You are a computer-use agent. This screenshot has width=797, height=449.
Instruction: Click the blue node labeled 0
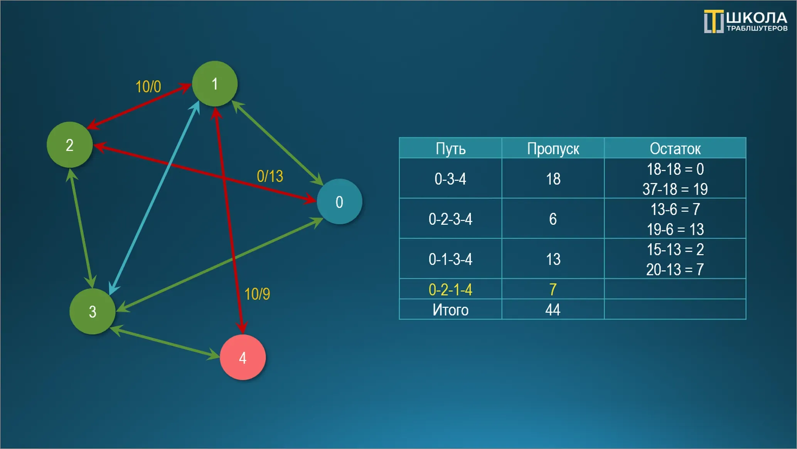point(339,201)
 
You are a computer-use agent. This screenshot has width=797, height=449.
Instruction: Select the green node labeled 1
point(215,84)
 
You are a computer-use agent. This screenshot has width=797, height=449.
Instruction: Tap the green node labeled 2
point(70,145)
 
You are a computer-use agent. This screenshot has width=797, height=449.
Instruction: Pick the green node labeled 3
point(93,311)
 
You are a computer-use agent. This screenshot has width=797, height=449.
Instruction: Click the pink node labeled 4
point(243,357)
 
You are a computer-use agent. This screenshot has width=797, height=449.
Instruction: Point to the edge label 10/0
point(148,87)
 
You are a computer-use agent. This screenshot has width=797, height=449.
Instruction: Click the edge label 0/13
point(270,176)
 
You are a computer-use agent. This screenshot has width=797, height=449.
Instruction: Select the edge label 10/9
point(257,294)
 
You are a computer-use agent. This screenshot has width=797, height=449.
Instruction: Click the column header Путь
point(451,149)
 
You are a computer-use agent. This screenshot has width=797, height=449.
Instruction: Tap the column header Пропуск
point(553,149)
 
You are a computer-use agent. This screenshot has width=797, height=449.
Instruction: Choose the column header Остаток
point(675,149)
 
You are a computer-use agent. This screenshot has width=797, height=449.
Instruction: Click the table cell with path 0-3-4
point(450,179)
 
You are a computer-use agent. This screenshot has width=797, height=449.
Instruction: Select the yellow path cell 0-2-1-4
point(450,289)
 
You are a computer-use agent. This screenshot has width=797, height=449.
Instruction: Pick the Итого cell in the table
point(450,310)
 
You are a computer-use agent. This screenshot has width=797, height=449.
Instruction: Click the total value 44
point(553,310)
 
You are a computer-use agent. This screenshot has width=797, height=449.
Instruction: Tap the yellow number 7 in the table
point(553,289)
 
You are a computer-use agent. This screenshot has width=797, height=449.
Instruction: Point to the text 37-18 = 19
point(675,189)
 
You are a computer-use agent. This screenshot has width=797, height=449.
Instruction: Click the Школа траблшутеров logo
point(746,21)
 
